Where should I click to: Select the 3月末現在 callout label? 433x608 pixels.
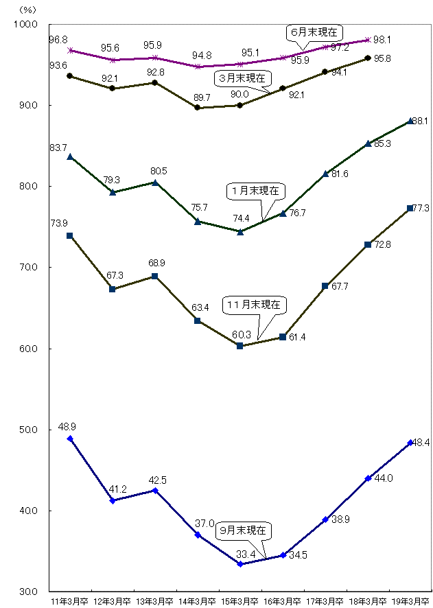tap(242, 78)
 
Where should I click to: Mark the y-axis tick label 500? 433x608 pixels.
tap(27, 430)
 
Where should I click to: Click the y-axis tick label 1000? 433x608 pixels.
tap(25, 25)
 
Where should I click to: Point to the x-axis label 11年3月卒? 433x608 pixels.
tap(70, 602)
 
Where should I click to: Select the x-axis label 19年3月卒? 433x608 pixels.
tap(410, 602)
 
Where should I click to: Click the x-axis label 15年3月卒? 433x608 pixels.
tap(240, 602)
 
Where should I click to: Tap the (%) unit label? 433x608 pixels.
tap(27, 10)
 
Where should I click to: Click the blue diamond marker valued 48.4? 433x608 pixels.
tap(410, 443)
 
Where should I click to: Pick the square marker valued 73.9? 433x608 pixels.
tap(70, 235)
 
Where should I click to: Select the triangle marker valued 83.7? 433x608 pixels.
tap(70, 157)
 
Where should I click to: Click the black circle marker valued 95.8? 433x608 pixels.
tap(368, 58)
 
